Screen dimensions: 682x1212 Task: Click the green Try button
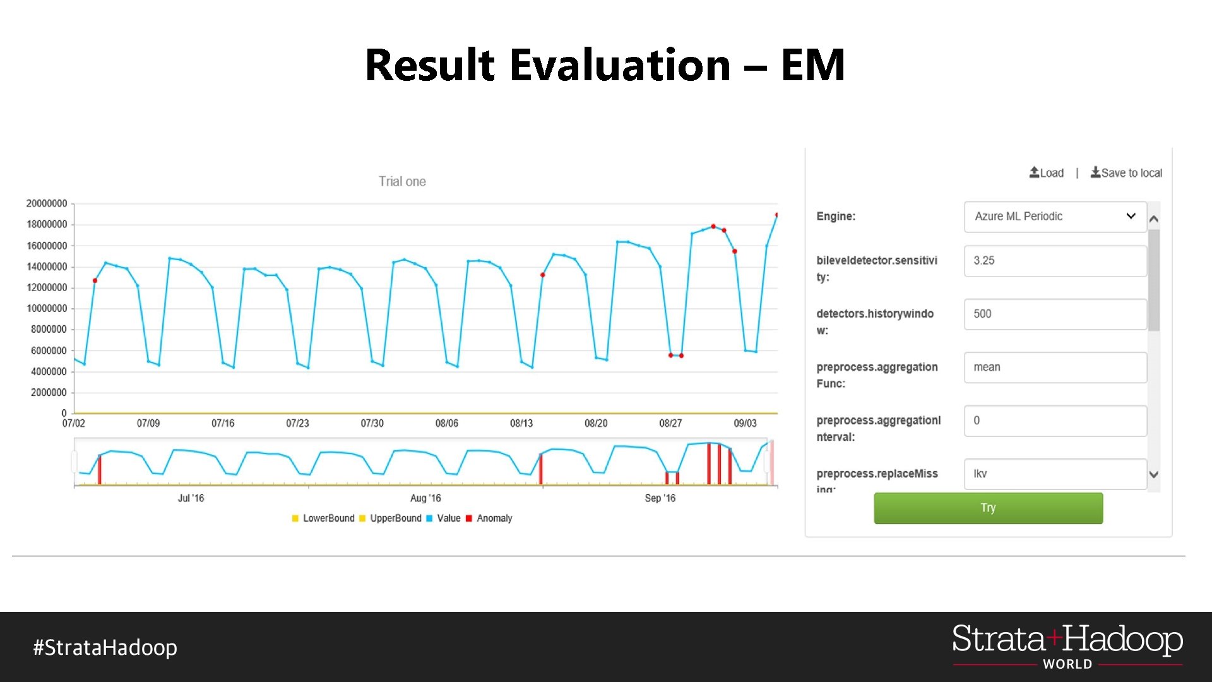pyautogui.click(x=988, y=508)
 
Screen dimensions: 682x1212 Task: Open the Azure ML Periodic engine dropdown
pyautogui.click(x=1055, y=217)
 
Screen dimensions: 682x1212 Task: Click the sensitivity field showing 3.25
pyautogui.click(x=1055, y=261)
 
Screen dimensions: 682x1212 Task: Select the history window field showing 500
pyautogui.click(x=1055, y=314)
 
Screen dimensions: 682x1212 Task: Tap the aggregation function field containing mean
pyautogui.click(x=1055, y=368)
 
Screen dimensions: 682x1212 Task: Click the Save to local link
pyautogui.click(x=1126, y=173)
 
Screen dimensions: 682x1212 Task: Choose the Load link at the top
pyautogui.click(x=1047, y=173)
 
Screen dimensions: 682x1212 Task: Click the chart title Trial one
pyautogui.click(x=402, y=182)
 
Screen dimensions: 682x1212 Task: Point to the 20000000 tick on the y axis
pyautogui.click(x=47, y=203)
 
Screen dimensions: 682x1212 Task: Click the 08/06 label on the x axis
pyautogui.click(x=446, y=423)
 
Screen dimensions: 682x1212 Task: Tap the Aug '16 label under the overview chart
pyautogui.click(x=425, y=498)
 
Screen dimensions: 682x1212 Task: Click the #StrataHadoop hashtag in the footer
pyautogui.click(x=105, y=647)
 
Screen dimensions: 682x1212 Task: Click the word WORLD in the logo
pyautogui.click(x=1067, y=664)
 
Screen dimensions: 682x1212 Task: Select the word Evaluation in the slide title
pyautogui.click(x=620, y=65)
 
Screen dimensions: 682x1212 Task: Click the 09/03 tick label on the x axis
pyautogui.click(x=745, y=423)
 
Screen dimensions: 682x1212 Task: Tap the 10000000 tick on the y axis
pyautogui.click(x=47, y=308)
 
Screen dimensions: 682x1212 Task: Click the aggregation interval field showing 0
pyautogui.click(x=1055, y=421)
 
